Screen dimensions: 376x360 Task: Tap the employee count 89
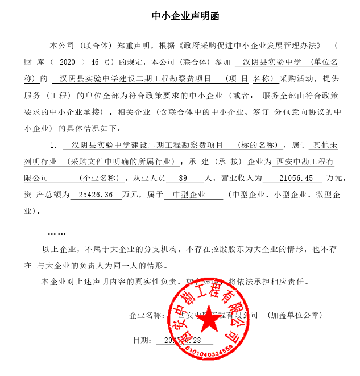coord(183,179)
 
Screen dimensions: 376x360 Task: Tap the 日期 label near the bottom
coord(142,340)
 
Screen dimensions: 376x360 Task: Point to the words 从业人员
coord(148,179)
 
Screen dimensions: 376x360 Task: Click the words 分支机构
coord(162,249)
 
